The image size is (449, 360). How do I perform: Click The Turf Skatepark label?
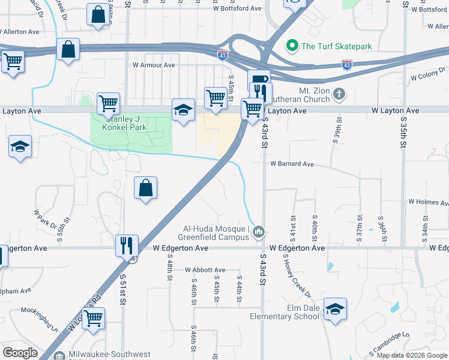337,46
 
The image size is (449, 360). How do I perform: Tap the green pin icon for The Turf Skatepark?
292,46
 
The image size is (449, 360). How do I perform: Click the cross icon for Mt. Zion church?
339,94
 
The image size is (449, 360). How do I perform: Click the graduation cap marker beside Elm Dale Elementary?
336,308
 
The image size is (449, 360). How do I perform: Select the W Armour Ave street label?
154,65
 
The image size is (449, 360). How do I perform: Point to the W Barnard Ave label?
292,163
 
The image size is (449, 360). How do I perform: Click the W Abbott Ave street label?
205,270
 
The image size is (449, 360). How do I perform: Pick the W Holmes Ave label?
428,202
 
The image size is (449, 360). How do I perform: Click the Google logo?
20,352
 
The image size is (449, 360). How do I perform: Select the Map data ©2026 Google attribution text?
412,355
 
